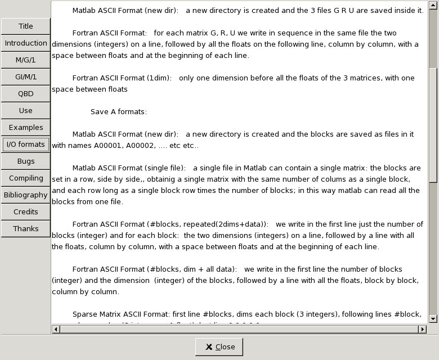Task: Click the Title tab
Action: coord(25,26)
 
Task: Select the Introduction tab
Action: coord(25,43)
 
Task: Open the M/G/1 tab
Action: coord(25,60)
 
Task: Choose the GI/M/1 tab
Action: coord(25,77)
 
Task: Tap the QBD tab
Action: coord(25,94)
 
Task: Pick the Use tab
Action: coord(25,111)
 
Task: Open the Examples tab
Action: coord(25,128)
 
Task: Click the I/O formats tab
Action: coord(25,145)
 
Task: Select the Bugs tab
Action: coord(25,161)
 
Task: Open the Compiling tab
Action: coord(25,178)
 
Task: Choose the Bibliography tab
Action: coord(25,195)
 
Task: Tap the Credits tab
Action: coord(25,212)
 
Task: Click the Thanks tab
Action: coord(25,229)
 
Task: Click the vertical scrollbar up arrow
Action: coord(433,5)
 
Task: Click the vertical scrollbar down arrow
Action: coord(433,319)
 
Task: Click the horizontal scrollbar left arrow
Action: coord(55,329)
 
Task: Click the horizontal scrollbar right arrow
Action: coord(422,329)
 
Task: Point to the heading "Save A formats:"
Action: coord(119,112)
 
